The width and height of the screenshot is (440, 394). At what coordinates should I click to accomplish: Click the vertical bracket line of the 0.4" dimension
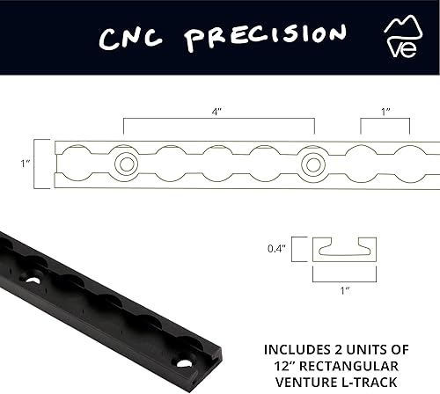[293, 249]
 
